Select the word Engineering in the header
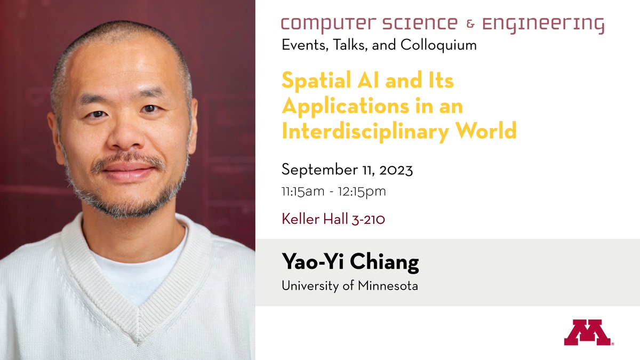coord(543,25)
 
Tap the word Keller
coord(299,219)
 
